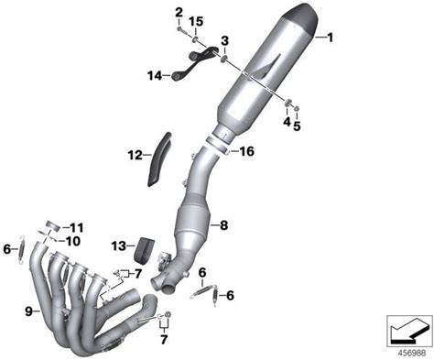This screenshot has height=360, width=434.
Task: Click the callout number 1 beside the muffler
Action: (x=330, y=38)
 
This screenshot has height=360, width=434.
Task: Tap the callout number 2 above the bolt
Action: (x=179, y=13)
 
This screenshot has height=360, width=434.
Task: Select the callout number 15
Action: (x=196, y=22)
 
